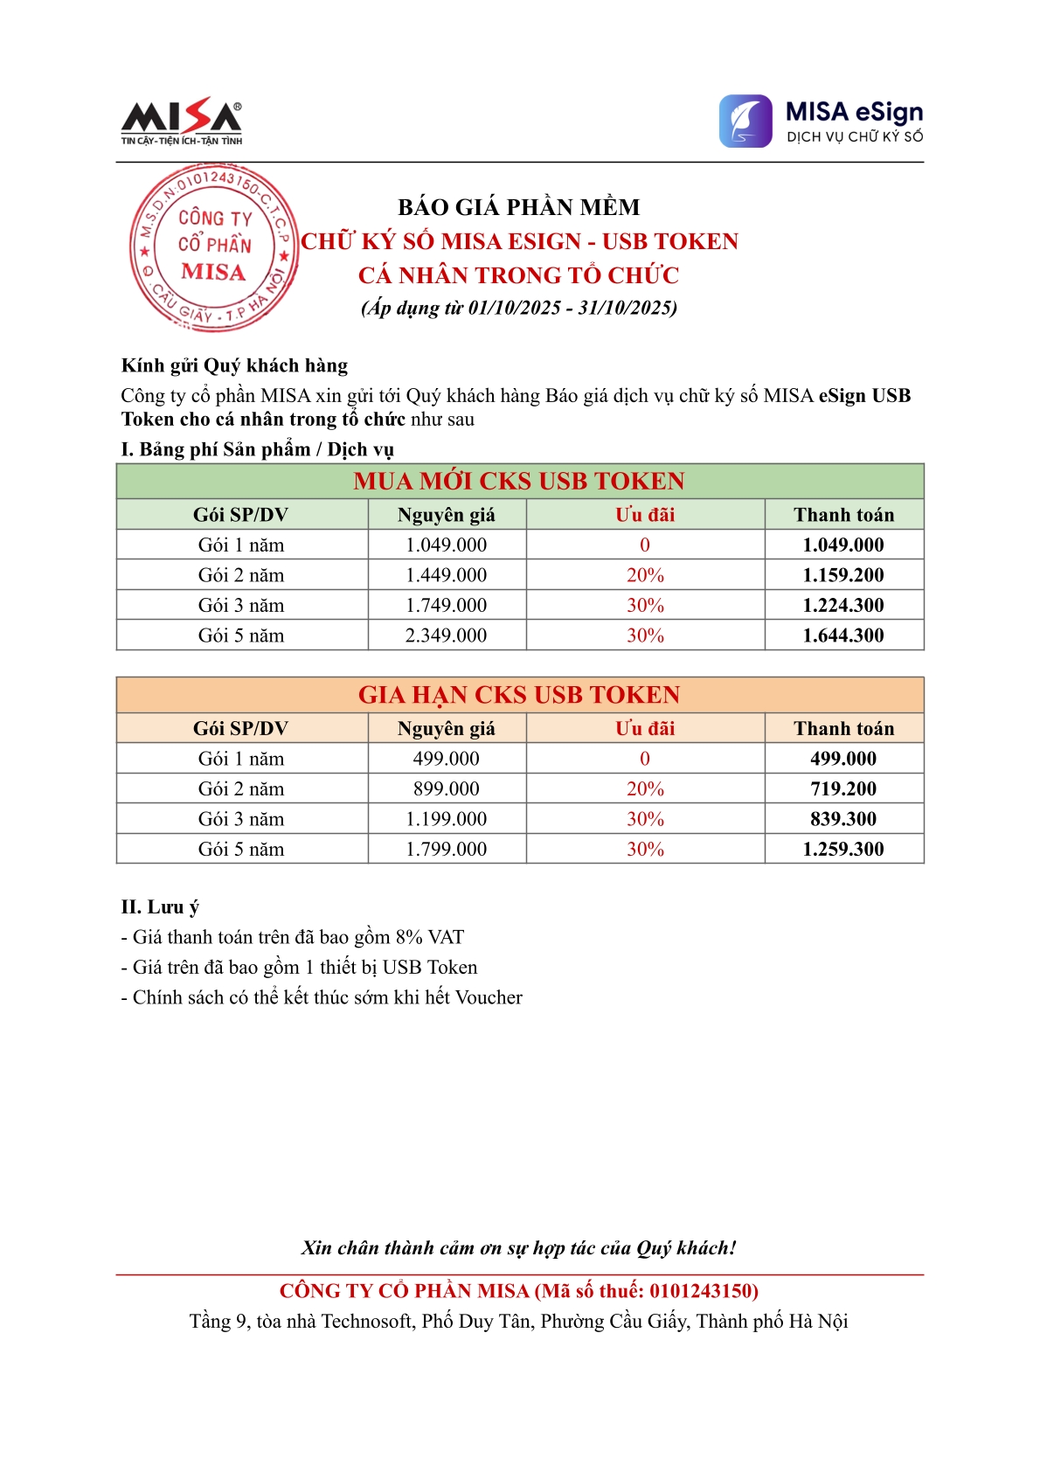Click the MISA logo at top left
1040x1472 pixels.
(181, 121)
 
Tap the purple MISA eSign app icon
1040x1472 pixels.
(745, 122)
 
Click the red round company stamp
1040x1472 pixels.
(213, 248)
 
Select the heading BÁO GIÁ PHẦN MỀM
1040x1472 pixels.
(519, 207)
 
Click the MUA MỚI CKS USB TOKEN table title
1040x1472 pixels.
(519, 481)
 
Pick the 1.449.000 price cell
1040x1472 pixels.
(446, 575)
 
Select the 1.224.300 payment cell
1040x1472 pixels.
(843, 605)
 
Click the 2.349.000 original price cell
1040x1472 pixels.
(446, 635)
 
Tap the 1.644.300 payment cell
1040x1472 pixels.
(843, 635)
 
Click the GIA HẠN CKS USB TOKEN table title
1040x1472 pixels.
(519, 695)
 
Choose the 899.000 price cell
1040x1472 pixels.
(446, 788)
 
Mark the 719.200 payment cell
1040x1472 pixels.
(843, 788)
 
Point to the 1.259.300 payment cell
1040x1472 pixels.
(843, 849)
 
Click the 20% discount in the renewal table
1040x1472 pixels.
(645, 788)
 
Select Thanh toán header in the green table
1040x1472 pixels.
(843, 515)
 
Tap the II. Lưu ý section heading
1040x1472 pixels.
(160, 906)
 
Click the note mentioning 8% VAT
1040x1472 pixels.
(293, 937)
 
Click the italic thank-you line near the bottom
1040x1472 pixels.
(519, 1247)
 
